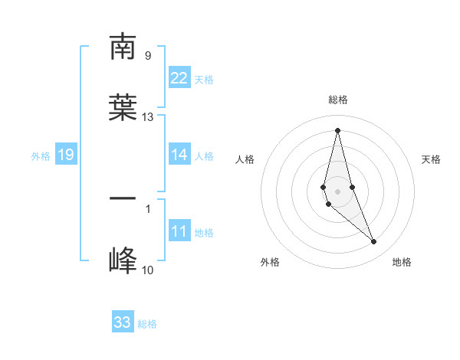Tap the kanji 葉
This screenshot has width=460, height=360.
click(x=123, y=107)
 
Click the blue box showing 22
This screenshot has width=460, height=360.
click(x=179, y=78)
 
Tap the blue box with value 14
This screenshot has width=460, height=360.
click(x=179, y=155)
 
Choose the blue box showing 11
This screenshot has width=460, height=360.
click(x=179, y=231)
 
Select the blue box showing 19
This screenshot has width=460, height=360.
click(x=66, y=155)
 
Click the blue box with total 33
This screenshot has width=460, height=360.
click(x=123, y=322)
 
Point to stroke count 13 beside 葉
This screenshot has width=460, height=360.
click(x=148, y=117)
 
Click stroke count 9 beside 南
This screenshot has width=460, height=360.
click(x=147, y=55)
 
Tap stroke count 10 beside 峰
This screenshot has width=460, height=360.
click(x=148, y=270)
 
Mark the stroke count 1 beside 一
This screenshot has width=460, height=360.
click(x=148, y=208)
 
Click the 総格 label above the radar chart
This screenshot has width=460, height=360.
click(x=337, y=100)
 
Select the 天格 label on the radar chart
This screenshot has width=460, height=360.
click(x=431, y=159)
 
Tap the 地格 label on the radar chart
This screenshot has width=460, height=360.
click(x=402, y=262)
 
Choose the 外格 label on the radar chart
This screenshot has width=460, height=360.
click(x=270, y=262)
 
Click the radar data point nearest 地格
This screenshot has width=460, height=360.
click(x=374, y=242)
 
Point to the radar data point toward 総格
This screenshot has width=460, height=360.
click(x=337, y=130)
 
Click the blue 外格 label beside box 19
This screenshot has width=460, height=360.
click(x=41, y=155)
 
